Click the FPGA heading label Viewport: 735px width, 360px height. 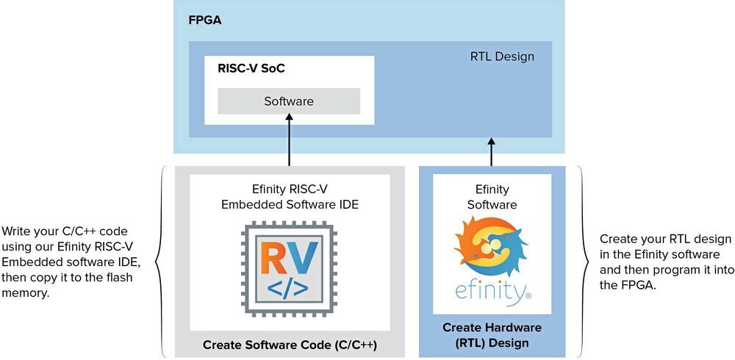coord(205,20)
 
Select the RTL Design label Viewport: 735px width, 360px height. coord(502,57)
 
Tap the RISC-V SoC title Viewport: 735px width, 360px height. coord(251,69)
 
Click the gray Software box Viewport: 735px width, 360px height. coord(289,101)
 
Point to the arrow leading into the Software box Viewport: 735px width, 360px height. coord(289,140)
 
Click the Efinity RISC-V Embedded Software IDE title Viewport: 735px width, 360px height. coord(290,197)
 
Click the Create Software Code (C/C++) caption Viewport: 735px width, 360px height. coord(289,344)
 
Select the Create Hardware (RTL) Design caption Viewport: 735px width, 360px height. coord(492,335)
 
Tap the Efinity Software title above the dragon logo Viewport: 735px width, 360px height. coord(492,197)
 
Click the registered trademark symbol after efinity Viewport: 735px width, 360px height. coord(528,298)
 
